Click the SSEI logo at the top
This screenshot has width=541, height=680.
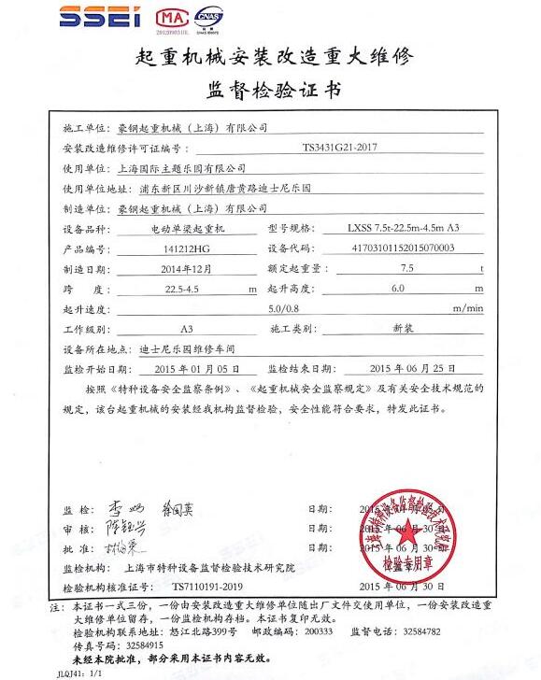click(102, 18)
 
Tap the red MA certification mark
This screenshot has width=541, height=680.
click(168, 18)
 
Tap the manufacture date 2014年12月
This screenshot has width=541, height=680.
click(182, 268)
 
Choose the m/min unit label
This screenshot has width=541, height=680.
click(467, 308)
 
